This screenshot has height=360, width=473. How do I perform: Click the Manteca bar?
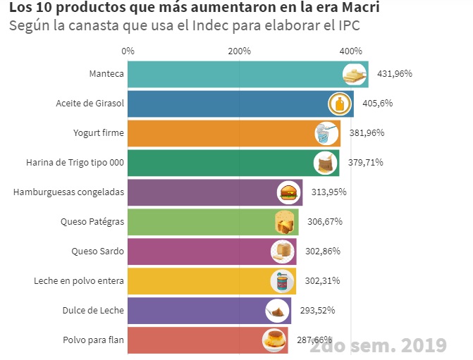click(233, 74)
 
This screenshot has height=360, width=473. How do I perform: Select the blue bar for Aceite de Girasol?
click(226, 104)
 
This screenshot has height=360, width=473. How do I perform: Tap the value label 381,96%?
click(364, 133)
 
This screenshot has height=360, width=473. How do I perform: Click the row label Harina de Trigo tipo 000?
click(75, 163)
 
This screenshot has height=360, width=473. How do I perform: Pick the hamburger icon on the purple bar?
click(288, 192)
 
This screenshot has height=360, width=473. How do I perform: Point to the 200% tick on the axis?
click(240, 51)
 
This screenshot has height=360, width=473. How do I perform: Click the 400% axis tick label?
click(351, 51)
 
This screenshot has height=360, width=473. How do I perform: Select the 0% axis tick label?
click(128, 51)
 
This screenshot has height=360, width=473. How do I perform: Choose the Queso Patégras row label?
click(92, 222)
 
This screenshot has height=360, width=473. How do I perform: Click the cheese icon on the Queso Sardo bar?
click(281, 252)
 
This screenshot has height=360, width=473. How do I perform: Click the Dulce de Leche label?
click(93, 311)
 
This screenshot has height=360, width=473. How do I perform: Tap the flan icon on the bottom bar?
click(274, 340)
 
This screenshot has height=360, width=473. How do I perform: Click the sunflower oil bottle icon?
click(340, 104)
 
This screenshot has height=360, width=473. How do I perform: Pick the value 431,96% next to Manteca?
click(395, 74)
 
